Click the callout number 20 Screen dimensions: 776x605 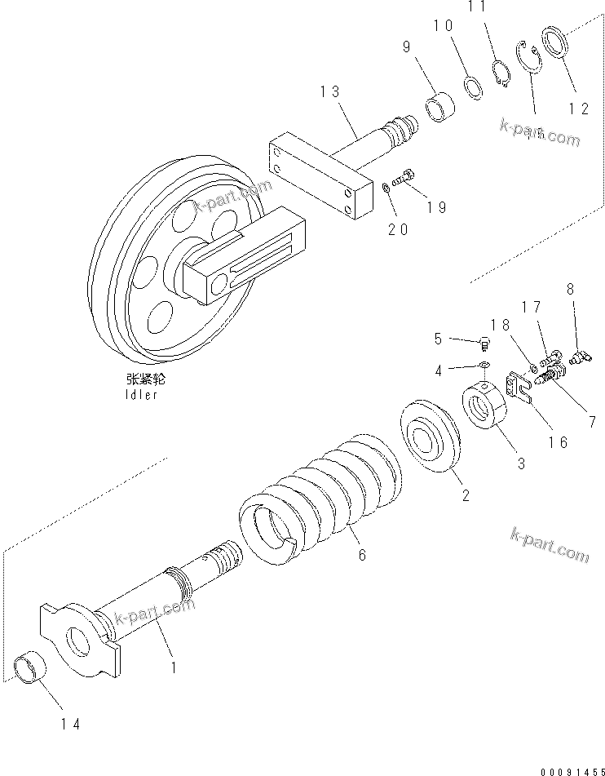397,230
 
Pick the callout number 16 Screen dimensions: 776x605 558,441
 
